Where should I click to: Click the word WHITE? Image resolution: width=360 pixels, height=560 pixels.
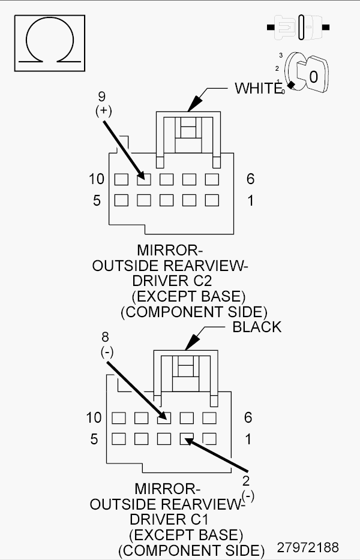click(258, 89)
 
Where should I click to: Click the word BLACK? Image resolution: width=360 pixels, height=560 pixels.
click(257, 327)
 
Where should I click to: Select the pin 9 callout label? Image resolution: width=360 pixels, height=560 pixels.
click(101, 103)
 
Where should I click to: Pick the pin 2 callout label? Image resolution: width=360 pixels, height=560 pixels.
click(246, 486)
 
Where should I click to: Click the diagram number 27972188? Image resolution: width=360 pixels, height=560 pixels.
click(308, 547)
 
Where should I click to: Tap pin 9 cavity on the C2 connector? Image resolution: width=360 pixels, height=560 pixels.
click(143, 179)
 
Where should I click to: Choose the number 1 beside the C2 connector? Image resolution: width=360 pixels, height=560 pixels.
click(250, 200)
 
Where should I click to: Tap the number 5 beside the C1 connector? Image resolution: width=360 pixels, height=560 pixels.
click(94, 439)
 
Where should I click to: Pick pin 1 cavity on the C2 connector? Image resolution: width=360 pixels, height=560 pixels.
click(211, 200)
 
